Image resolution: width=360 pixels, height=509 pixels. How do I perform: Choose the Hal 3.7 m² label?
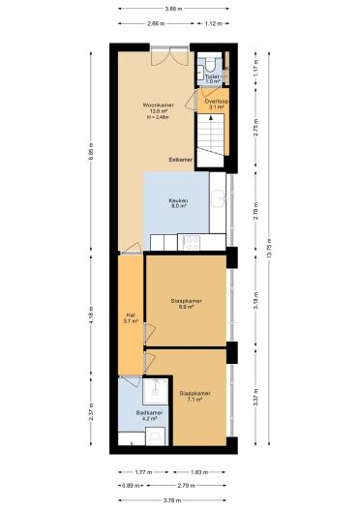131,317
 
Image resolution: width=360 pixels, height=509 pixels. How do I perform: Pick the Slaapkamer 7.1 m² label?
195,396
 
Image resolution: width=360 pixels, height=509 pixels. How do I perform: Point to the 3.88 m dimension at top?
177,8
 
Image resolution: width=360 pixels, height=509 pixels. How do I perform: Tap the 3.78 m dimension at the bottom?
177,499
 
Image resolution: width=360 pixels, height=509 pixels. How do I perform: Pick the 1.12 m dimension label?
214,23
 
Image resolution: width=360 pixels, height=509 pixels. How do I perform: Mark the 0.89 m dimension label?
129,485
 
